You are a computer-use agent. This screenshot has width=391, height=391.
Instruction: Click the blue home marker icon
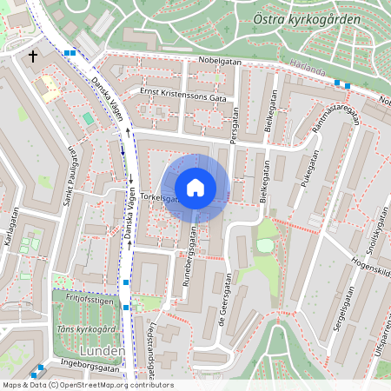pyautogui.click(x=195, y=188)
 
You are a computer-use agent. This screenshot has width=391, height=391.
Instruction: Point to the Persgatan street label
pyautogui.click(x=234, y=124)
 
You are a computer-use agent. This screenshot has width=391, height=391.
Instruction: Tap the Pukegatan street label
pyautogui.click(x=310, y=167)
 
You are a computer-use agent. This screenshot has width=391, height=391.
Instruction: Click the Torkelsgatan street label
pyautogui.click(x=158, y=198)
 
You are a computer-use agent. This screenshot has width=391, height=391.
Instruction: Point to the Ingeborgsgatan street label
pyautogui.click(x=89, y=367)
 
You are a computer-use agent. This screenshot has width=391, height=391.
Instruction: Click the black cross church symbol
pyautogui.click(x=33, y=56)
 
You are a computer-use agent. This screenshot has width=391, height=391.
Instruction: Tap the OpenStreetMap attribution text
pyautogui.click(x=87, y=385)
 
